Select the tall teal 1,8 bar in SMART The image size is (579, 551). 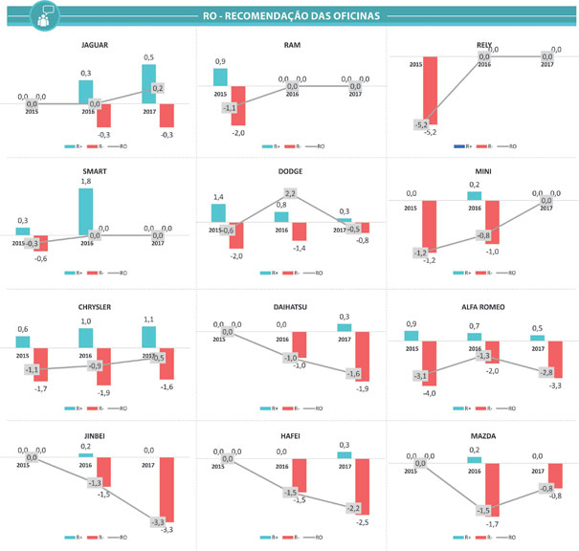[x=86, y=209]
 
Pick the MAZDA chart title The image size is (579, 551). [x=483, y=436]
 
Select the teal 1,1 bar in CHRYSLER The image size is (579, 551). [x=149, y=338]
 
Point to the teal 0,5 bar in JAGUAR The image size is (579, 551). [x=149, y=82]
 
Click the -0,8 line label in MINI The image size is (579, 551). [x=483, y=235]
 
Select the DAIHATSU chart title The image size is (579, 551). [x=293, y=307]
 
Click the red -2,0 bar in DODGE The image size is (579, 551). [x=235, y=235]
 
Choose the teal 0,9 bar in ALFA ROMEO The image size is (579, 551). [x=412, y=336]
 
